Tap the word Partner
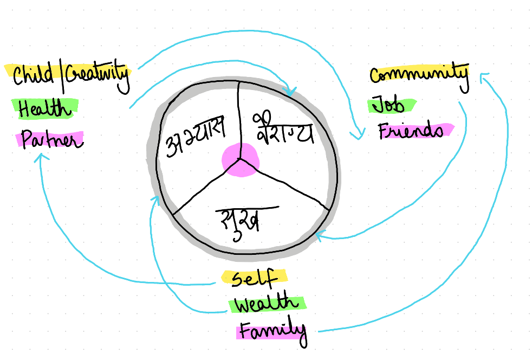[x=52, y=140]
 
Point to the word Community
[x=418, y=74]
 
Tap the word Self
[x=254, y=278]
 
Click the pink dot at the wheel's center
[x=241, y=160]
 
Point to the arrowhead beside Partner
[x=41, y=158]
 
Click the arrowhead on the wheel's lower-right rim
[x=320, y=235]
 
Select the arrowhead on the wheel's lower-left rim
[x=155, y=201]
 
